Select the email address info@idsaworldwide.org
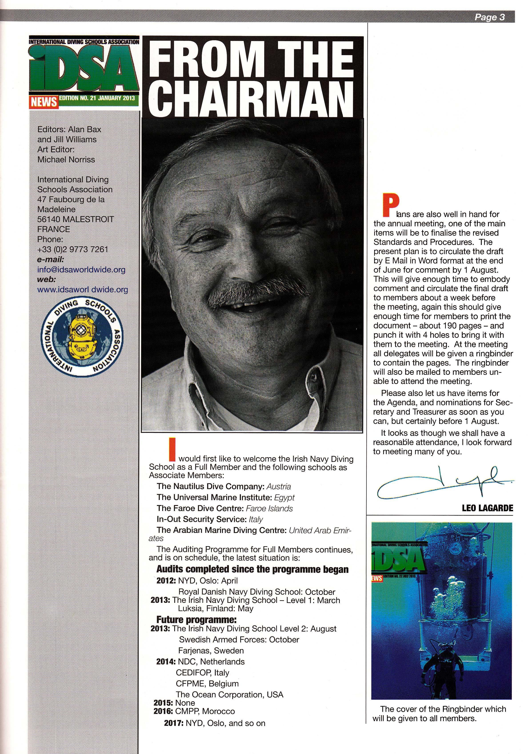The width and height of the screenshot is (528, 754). [x=81, y=270]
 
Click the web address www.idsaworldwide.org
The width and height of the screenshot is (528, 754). [x=82, y=290]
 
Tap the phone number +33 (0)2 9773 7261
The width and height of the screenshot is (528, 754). [x=73, y=249]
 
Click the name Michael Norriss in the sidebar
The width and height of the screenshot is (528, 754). [x=66, y=160]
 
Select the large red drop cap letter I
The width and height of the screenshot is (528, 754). [x=172, y=449]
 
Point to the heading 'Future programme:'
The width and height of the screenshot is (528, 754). [x=196, y=620]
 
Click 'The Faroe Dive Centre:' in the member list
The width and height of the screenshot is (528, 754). [x=199, y=508]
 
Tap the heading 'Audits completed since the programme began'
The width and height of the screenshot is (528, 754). [x=252, y=569]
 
